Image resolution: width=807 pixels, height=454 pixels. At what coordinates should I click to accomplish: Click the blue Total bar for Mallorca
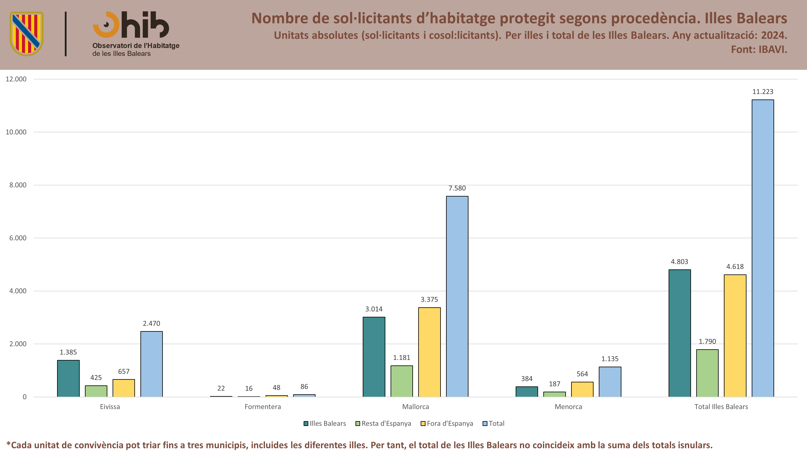(457, 296)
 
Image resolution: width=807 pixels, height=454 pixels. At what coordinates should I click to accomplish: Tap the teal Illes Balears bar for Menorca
(527, 392)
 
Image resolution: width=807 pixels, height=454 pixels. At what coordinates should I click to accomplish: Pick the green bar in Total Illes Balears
(707, 373)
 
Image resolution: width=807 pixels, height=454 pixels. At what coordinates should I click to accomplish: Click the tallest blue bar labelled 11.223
(763, 248)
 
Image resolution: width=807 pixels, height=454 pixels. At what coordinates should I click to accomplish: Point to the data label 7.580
(457, 188)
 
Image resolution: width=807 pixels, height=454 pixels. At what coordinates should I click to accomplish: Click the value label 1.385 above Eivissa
(68, 352)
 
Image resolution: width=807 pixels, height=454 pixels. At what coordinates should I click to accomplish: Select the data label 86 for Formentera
(304, 387)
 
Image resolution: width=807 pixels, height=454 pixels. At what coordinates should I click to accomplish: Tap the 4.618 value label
(735, 267)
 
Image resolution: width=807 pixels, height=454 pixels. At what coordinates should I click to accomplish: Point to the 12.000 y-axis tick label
(16, 79)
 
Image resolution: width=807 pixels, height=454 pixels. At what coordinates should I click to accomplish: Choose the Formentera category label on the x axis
(262, 407)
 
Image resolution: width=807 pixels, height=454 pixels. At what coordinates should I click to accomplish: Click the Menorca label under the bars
(568, 407)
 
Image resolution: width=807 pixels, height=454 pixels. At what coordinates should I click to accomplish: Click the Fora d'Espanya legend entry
(447, 424)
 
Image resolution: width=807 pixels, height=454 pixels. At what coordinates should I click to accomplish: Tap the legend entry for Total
(493, 424)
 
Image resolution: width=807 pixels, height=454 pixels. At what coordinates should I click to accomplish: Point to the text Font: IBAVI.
(759, 49)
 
